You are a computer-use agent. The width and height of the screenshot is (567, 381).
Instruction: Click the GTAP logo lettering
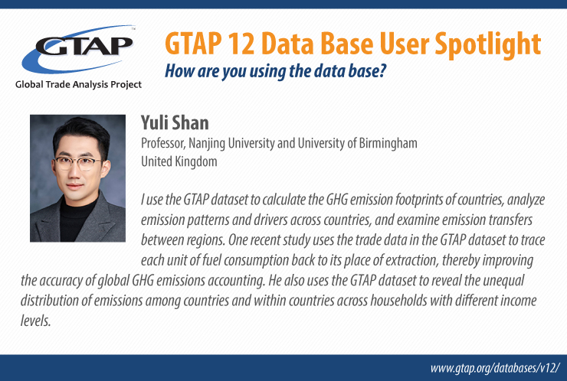point(84,45)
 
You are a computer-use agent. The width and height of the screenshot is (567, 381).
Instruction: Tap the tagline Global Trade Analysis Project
point(78,84)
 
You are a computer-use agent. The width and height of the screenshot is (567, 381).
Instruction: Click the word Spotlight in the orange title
point(488,44)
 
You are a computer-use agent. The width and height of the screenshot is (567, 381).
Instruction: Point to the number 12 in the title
point(241,44)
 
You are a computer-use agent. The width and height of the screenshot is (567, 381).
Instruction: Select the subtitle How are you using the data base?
point(276,71)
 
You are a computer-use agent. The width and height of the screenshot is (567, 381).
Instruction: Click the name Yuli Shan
point(175,122)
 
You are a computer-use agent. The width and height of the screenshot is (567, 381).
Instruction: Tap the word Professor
point(163,143)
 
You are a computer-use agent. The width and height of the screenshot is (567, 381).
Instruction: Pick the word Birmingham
point(388,144)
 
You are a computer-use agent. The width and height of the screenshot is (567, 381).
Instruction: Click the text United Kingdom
point(179,161)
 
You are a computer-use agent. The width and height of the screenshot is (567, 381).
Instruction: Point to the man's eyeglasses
point(78,163)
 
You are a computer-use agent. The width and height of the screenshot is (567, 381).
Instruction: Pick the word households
point(398,301)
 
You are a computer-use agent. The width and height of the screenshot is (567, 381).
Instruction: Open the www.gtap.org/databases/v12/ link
point(495,368)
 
